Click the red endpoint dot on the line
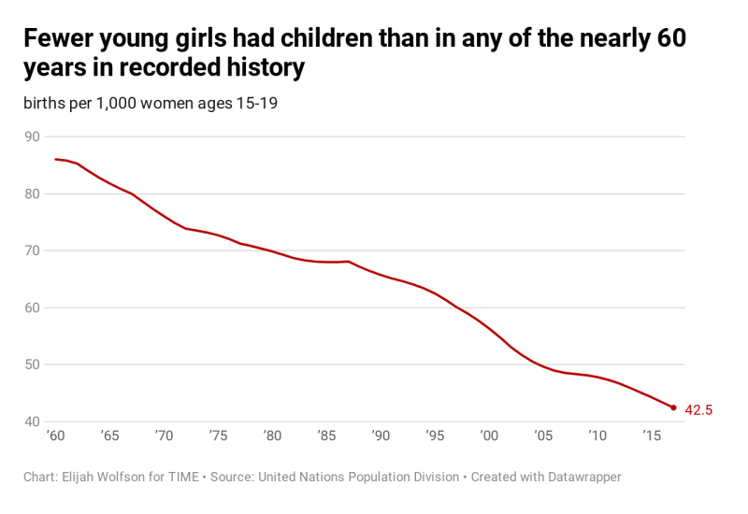(x=673, y=407)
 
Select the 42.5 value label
(x=700, y=409)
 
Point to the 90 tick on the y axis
(x=32, y=136)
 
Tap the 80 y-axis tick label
(x=32, y=193)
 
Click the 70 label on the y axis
(x=32, y=250)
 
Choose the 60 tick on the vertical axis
(x=32, y=307)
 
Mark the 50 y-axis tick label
(x=32, y=364)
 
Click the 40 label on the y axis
(x=32, y=421)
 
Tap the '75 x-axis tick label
(x=218, y=435)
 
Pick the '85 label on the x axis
(x=326, y=435)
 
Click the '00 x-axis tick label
(x=489, y=435)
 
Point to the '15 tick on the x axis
(x=652, y=435)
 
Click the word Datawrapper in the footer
(x=578, y=477)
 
